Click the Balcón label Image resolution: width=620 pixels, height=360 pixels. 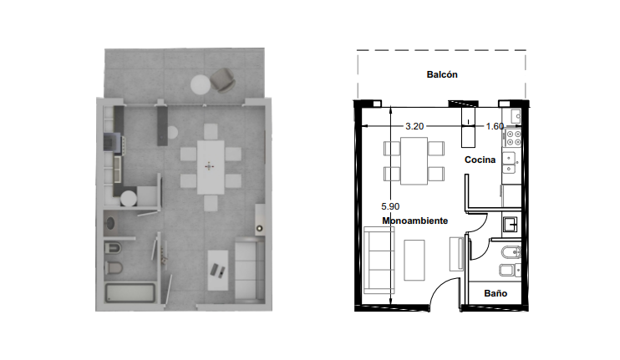point(442,74)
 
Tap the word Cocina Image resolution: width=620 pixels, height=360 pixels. point(480,160)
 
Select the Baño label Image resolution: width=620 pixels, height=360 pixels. point(495,293)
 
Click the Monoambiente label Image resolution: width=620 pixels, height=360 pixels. point(414,221)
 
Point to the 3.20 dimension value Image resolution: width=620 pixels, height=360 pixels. point(414,126)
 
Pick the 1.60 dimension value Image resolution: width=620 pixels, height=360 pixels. point(495,126)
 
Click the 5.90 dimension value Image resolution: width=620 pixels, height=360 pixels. point(390,206)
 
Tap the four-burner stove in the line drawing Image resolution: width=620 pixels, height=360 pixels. point(513,138)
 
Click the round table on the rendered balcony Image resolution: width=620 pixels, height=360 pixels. point(201,84)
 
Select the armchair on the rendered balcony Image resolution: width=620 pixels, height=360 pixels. point(222,80)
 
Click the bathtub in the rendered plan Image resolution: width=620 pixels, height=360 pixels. point(130,293)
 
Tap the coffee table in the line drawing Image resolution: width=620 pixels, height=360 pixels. point(414,260)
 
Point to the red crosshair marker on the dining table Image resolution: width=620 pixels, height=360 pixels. point(209,166)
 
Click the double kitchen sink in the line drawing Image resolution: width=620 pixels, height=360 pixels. point(509,163)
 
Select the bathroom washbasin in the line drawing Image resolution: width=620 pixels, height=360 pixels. point(510,225)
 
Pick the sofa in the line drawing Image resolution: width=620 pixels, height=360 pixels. point(379,260)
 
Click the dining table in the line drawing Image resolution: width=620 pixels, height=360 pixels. point(414,161)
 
